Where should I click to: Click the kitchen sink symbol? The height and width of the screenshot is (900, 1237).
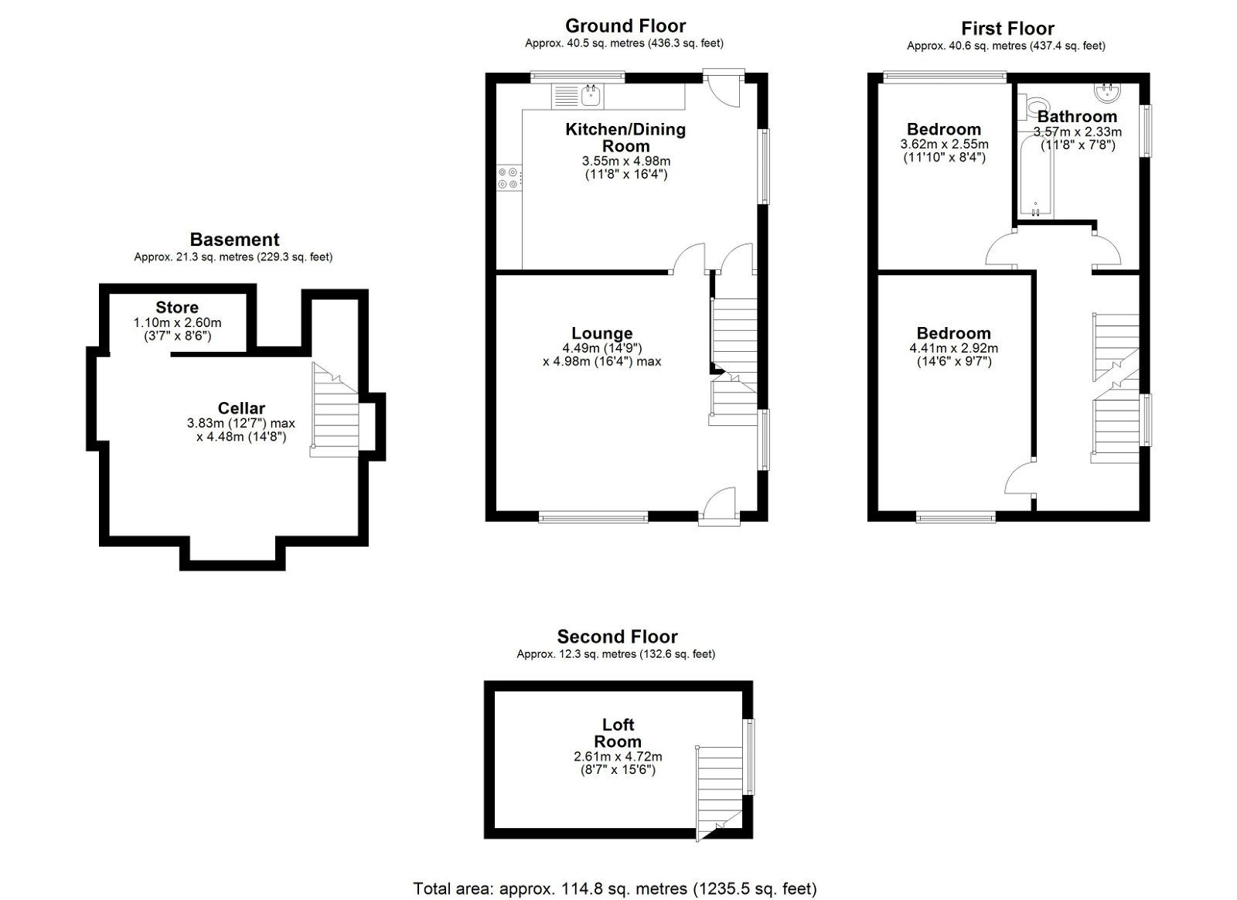tap(591, 96)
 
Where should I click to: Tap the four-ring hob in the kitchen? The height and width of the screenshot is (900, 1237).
tap(508, 178)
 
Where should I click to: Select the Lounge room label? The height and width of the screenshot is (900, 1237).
tap(601, 334)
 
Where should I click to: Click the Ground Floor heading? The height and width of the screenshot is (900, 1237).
tap(625, 26)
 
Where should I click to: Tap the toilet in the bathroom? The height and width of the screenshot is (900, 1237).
tap(1034, 106)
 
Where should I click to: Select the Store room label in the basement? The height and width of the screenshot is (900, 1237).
tap(177, 308)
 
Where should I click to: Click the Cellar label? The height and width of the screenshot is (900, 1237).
tap(241, 408)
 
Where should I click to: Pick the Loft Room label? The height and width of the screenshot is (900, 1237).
tap(618, 733)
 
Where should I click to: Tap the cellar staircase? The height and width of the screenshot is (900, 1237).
tap(335, 410)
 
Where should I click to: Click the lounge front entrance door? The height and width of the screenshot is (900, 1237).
tap(719, 506)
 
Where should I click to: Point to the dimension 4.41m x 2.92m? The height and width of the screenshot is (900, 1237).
tap(953, 349)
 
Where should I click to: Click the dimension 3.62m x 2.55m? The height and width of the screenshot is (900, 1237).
tap(944, 145)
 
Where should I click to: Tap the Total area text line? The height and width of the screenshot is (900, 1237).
tap(615, 888)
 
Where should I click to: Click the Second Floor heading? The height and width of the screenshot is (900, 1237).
tap(617, 636)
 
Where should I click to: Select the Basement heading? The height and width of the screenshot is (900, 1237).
tap(234, 240)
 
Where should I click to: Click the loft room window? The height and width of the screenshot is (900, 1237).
tap(748, 756)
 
